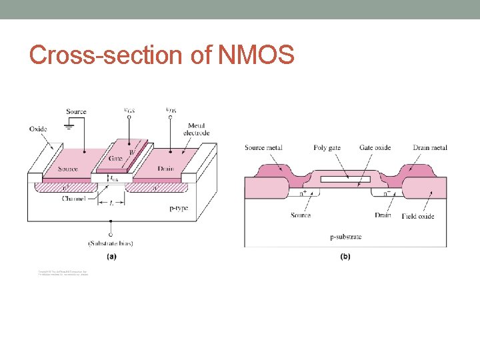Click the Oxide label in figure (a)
(x=38, y=129)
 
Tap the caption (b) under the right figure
(x=345, y=257)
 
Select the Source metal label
(x=263, y=147)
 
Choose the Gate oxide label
(x=375, y=147)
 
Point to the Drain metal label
(x=430, y=147)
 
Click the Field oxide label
(x=418, y=216)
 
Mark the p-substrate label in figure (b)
(x=346, y=237)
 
